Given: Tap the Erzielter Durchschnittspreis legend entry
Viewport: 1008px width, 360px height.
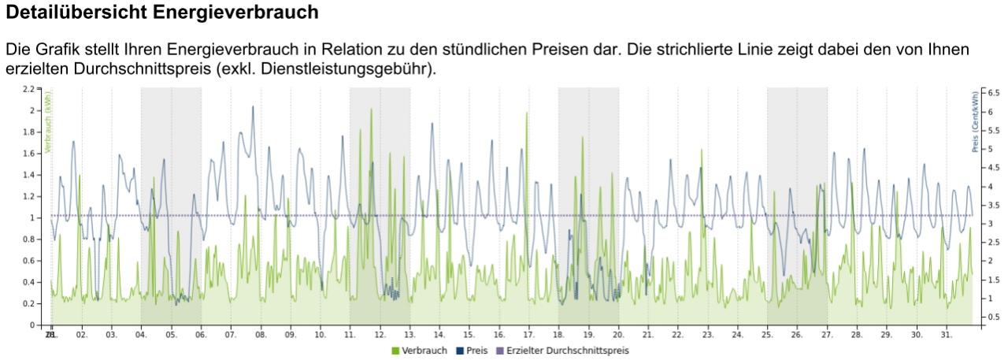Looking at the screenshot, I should [x=562, y=351].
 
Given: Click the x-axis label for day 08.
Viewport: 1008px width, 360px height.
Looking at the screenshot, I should [x=261, y=335].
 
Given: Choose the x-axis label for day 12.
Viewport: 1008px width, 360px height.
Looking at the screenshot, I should [x=380, y=335].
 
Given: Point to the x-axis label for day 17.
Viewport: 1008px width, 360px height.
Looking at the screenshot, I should [x=528, y=335].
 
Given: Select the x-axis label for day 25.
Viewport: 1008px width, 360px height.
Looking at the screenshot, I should [x=767, y=335].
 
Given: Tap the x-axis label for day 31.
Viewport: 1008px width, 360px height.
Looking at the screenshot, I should [x=946, y=335].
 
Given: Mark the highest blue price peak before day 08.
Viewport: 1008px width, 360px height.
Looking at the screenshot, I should [x=253, y=106].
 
